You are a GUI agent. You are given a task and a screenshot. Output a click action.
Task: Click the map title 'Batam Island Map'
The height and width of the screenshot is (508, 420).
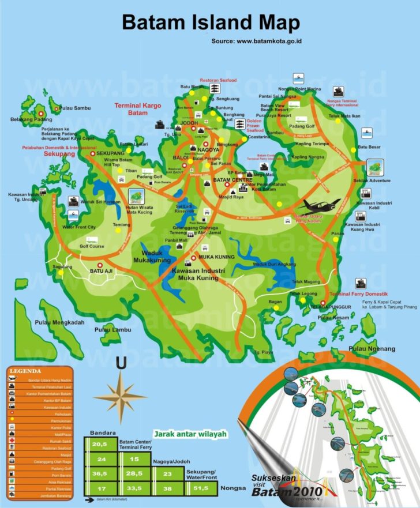click(x=211, y=22)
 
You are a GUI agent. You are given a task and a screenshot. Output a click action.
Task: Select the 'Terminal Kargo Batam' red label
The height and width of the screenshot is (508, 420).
click(x=139, y=110)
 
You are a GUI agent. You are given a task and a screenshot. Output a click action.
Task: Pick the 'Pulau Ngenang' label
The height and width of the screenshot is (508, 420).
click(x=372, y=349)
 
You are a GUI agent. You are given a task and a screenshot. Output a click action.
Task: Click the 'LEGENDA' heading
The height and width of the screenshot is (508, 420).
click(x=25, y=371)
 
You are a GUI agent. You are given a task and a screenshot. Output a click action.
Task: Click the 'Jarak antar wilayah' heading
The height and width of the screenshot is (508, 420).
click(x=190, y=433)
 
